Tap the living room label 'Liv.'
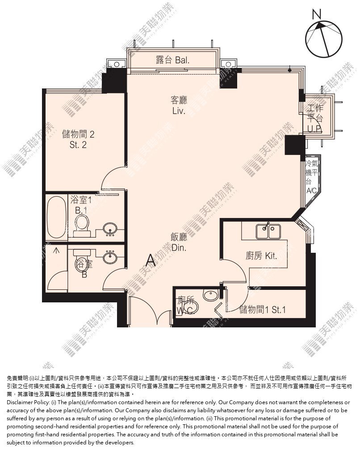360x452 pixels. [179, 111]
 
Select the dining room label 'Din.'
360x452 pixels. [179, 247]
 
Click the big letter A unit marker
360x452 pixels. [151, 260]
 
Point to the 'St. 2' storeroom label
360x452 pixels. [78, 145]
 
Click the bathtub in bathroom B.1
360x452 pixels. [56, 217]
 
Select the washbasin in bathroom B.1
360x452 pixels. [110, 229]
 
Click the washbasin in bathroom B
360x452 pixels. [110, 256]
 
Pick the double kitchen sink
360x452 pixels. [268, 231]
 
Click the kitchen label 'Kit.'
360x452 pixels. [271, 255]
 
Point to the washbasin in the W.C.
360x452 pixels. [211, 295]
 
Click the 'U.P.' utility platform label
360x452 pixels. [314, 129]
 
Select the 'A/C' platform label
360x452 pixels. [312, 191]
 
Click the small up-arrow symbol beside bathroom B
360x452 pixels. [56, 250]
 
